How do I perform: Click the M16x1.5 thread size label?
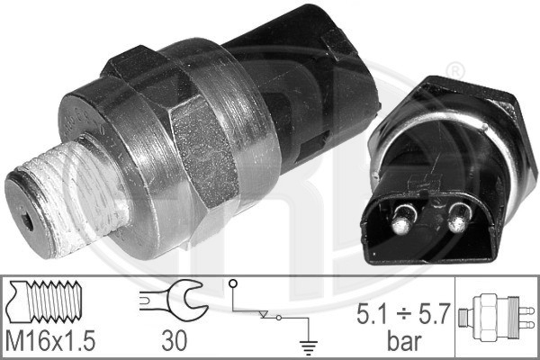pyautogui.click(x=50, y=341)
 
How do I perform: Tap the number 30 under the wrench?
pyautogui.click(x=175, y=341)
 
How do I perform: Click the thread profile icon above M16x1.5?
pyautogui.click(x=45, y=301)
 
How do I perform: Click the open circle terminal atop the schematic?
pyautogui.click(x=233, y=283)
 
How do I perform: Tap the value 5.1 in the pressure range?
pyautogui.click(x=371, y=313)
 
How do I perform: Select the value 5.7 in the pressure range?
pyautogui.click(x=435, y=313)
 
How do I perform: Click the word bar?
pyautogui.click(x=403, y=341)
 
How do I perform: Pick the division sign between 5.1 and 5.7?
pyautogui.click(x=403, y=314)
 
